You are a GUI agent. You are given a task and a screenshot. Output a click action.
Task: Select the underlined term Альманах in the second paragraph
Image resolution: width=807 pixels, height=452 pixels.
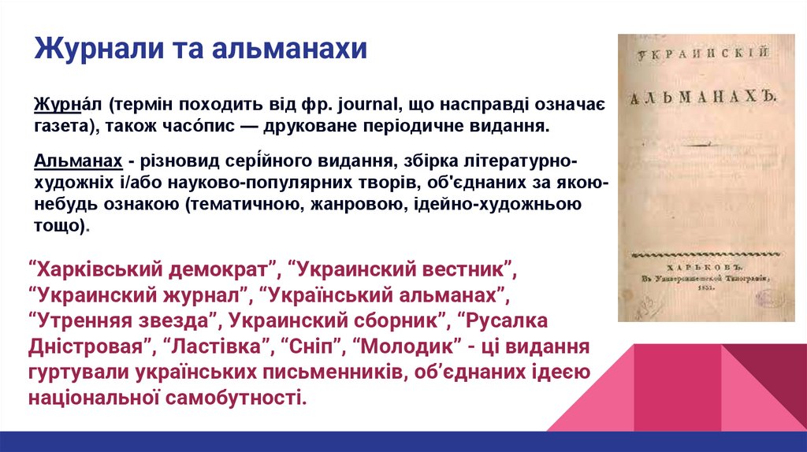pyautogui.click(x=78, y=162)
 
